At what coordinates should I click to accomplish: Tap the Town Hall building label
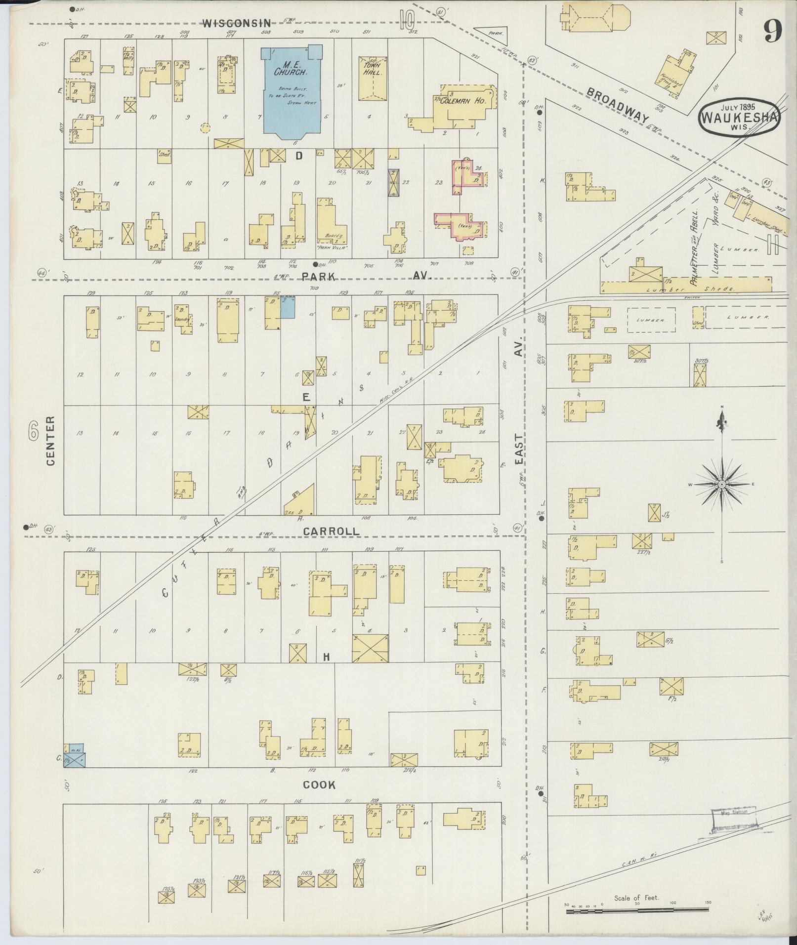tap(371, 69)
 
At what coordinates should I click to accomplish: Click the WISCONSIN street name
tap(237, 23)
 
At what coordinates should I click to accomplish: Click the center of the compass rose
tap(722, 485)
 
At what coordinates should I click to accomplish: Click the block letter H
tap(326, 657)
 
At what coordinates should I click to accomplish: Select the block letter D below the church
tap(298, 156)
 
